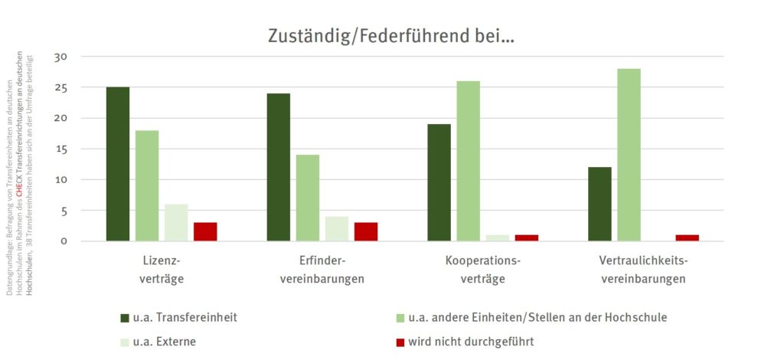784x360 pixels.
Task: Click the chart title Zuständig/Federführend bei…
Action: tap(391, 35)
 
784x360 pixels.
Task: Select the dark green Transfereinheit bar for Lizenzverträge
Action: tap(118, 164)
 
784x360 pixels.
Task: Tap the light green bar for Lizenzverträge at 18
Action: tap(147, 185)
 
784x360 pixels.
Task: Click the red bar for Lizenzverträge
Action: tap(205, 231)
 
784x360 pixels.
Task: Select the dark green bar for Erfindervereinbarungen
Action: tap(279, 167)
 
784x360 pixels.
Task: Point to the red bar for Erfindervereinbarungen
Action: tap(366, 231)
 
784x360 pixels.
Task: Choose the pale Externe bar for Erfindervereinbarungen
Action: tap(337, 228)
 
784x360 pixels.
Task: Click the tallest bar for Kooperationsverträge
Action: tap(469, 161)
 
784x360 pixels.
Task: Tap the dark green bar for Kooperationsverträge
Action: tap(439, 182)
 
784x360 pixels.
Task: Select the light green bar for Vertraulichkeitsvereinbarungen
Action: tap(629, 155)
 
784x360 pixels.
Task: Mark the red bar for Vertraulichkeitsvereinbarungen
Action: tap(687, 237)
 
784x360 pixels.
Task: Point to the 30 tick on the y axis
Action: tap(61, 57)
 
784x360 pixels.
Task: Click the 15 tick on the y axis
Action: tap(61, 149)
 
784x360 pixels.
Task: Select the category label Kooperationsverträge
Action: tap(482, 270)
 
